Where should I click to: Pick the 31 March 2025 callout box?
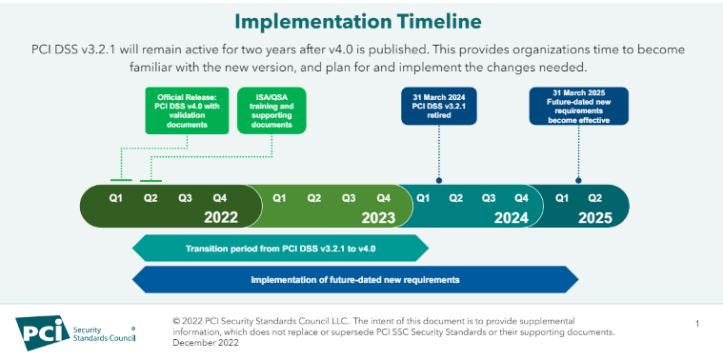pyautogui.click(x=579, y=106)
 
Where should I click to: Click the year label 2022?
pyautogui.click(x=220, y=217)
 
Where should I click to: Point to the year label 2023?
pyautogui.click(x=377, y=217)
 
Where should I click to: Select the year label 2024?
pyautogui.click(x=511, y=217)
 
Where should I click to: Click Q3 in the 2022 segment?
pyautogui.click(x=185, y=198)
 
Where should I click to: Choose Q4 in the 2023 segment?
pyautogui.click(x=383, y=198)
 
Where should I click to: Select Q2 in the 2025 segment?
pyautogui.click(x=595, y=198)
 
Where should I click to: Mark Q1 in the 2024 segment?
pyautogui.click(x=423, y=198)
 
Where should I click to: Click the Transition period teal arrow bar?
pyautogui.click(x=280, y=250)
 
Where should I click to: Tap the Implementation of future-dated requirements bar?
pyautogui.click(x=354, y=280)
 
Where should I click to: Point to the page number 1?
pyautogui.click(x=697, y=324)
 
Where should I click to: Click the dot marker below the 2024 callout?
pyautogui.click(x=439, y=179)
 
